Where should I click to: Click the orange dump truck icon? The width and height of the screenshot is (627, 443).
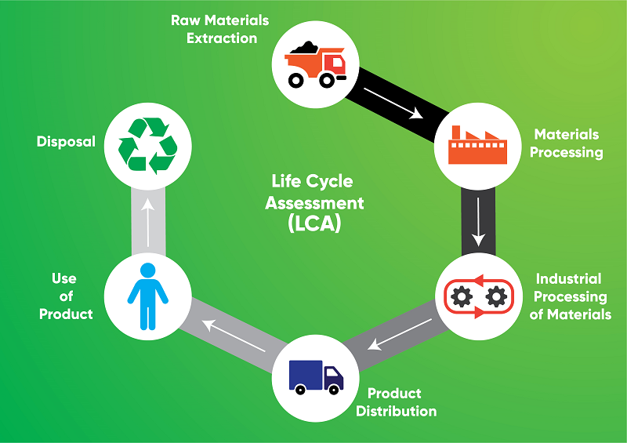314,64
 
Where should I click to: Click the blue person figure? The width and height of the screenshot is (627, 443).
147,296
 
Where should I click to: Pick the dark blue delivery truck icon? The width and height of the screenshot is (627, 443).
315,376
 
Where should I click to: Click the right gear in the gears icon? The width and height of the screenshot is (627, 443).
495,296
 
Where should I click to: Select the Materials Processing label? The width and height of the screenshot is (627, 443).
566,143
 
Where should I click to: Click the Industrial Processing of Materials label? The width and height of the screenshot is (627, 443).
570,296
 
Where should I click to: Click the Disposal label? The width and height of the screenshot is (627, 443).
66,142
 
